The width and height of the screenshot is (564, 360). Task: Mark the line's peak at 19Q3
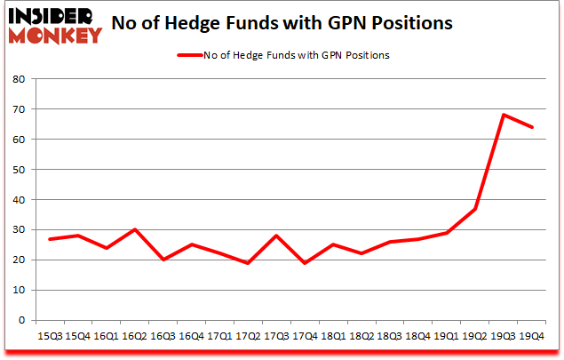(504, 115)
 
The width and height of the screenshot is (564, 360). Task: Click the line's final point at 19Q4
(532, 127)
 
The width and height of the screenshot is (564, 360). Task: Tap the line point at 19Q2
(475, 209)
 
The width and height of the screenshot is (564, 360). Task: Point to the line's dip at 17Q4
(306, 263)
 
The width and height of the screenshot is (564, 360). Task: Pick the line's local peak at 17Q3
(277, 236)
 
